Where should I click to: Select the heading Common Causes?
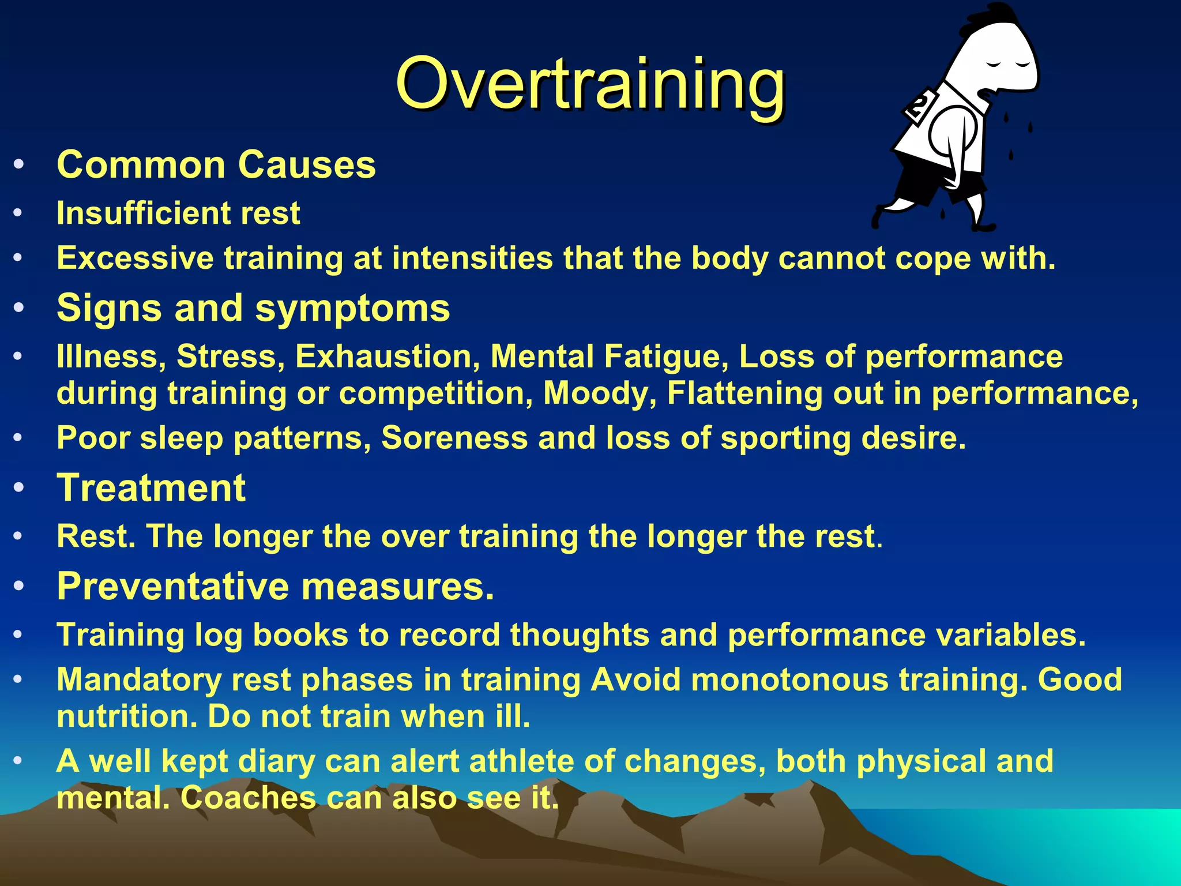pos(216,165)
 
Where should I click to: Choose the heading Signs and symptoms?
pos(253,308)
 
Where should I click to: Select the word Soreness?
pos(454,438)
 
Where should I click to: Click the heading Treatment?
pos(151,488)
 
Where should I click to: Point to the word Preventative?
pos(173,587)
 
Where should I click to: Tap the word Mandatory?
pos(139,680)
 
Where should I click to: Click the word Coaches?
pos(248,798)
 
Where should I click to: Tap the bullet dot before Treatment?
pos(18,488)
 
